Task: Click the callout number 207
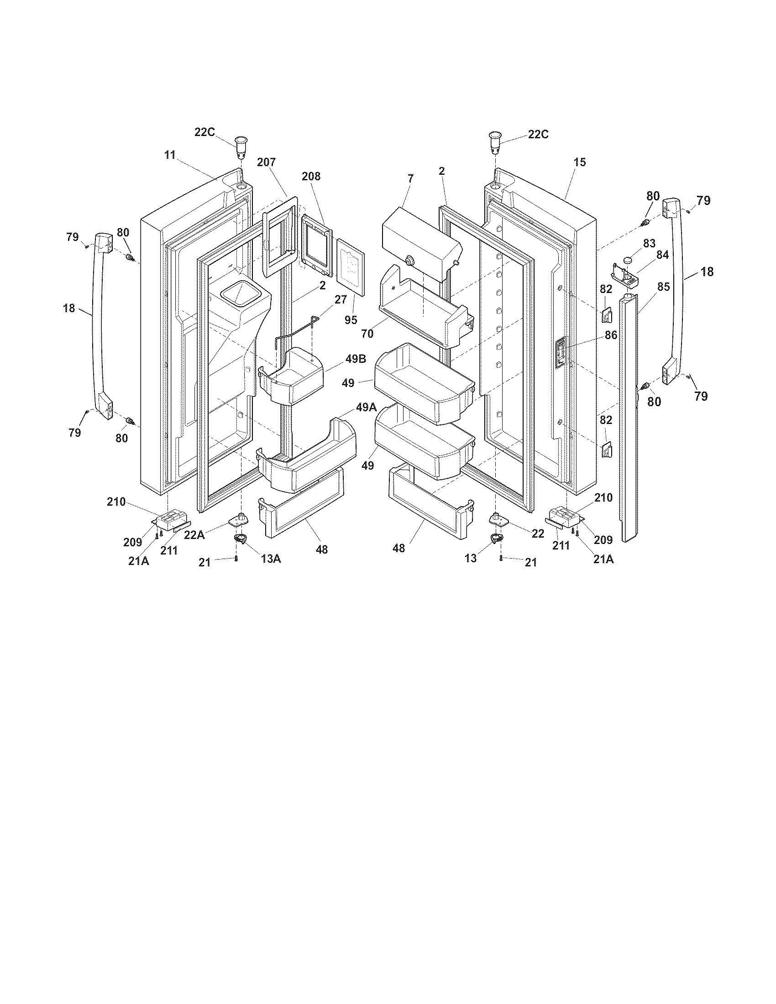(x=266, y=162)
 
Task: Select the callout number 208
(x=311, y=176)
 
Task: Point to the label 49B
(x=356, y=359)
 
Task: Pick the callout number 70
(x=367, y=334)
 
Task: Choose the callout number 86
(x=611, y=335)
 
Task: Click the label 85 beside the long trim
(x=663, y=287)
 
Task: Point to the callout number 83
(x=649, y=243)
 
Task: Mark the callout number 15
(x=580, y=162)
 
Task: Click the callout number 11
(x=170, y=155)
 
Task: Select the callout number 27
(x=341, y=299)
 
